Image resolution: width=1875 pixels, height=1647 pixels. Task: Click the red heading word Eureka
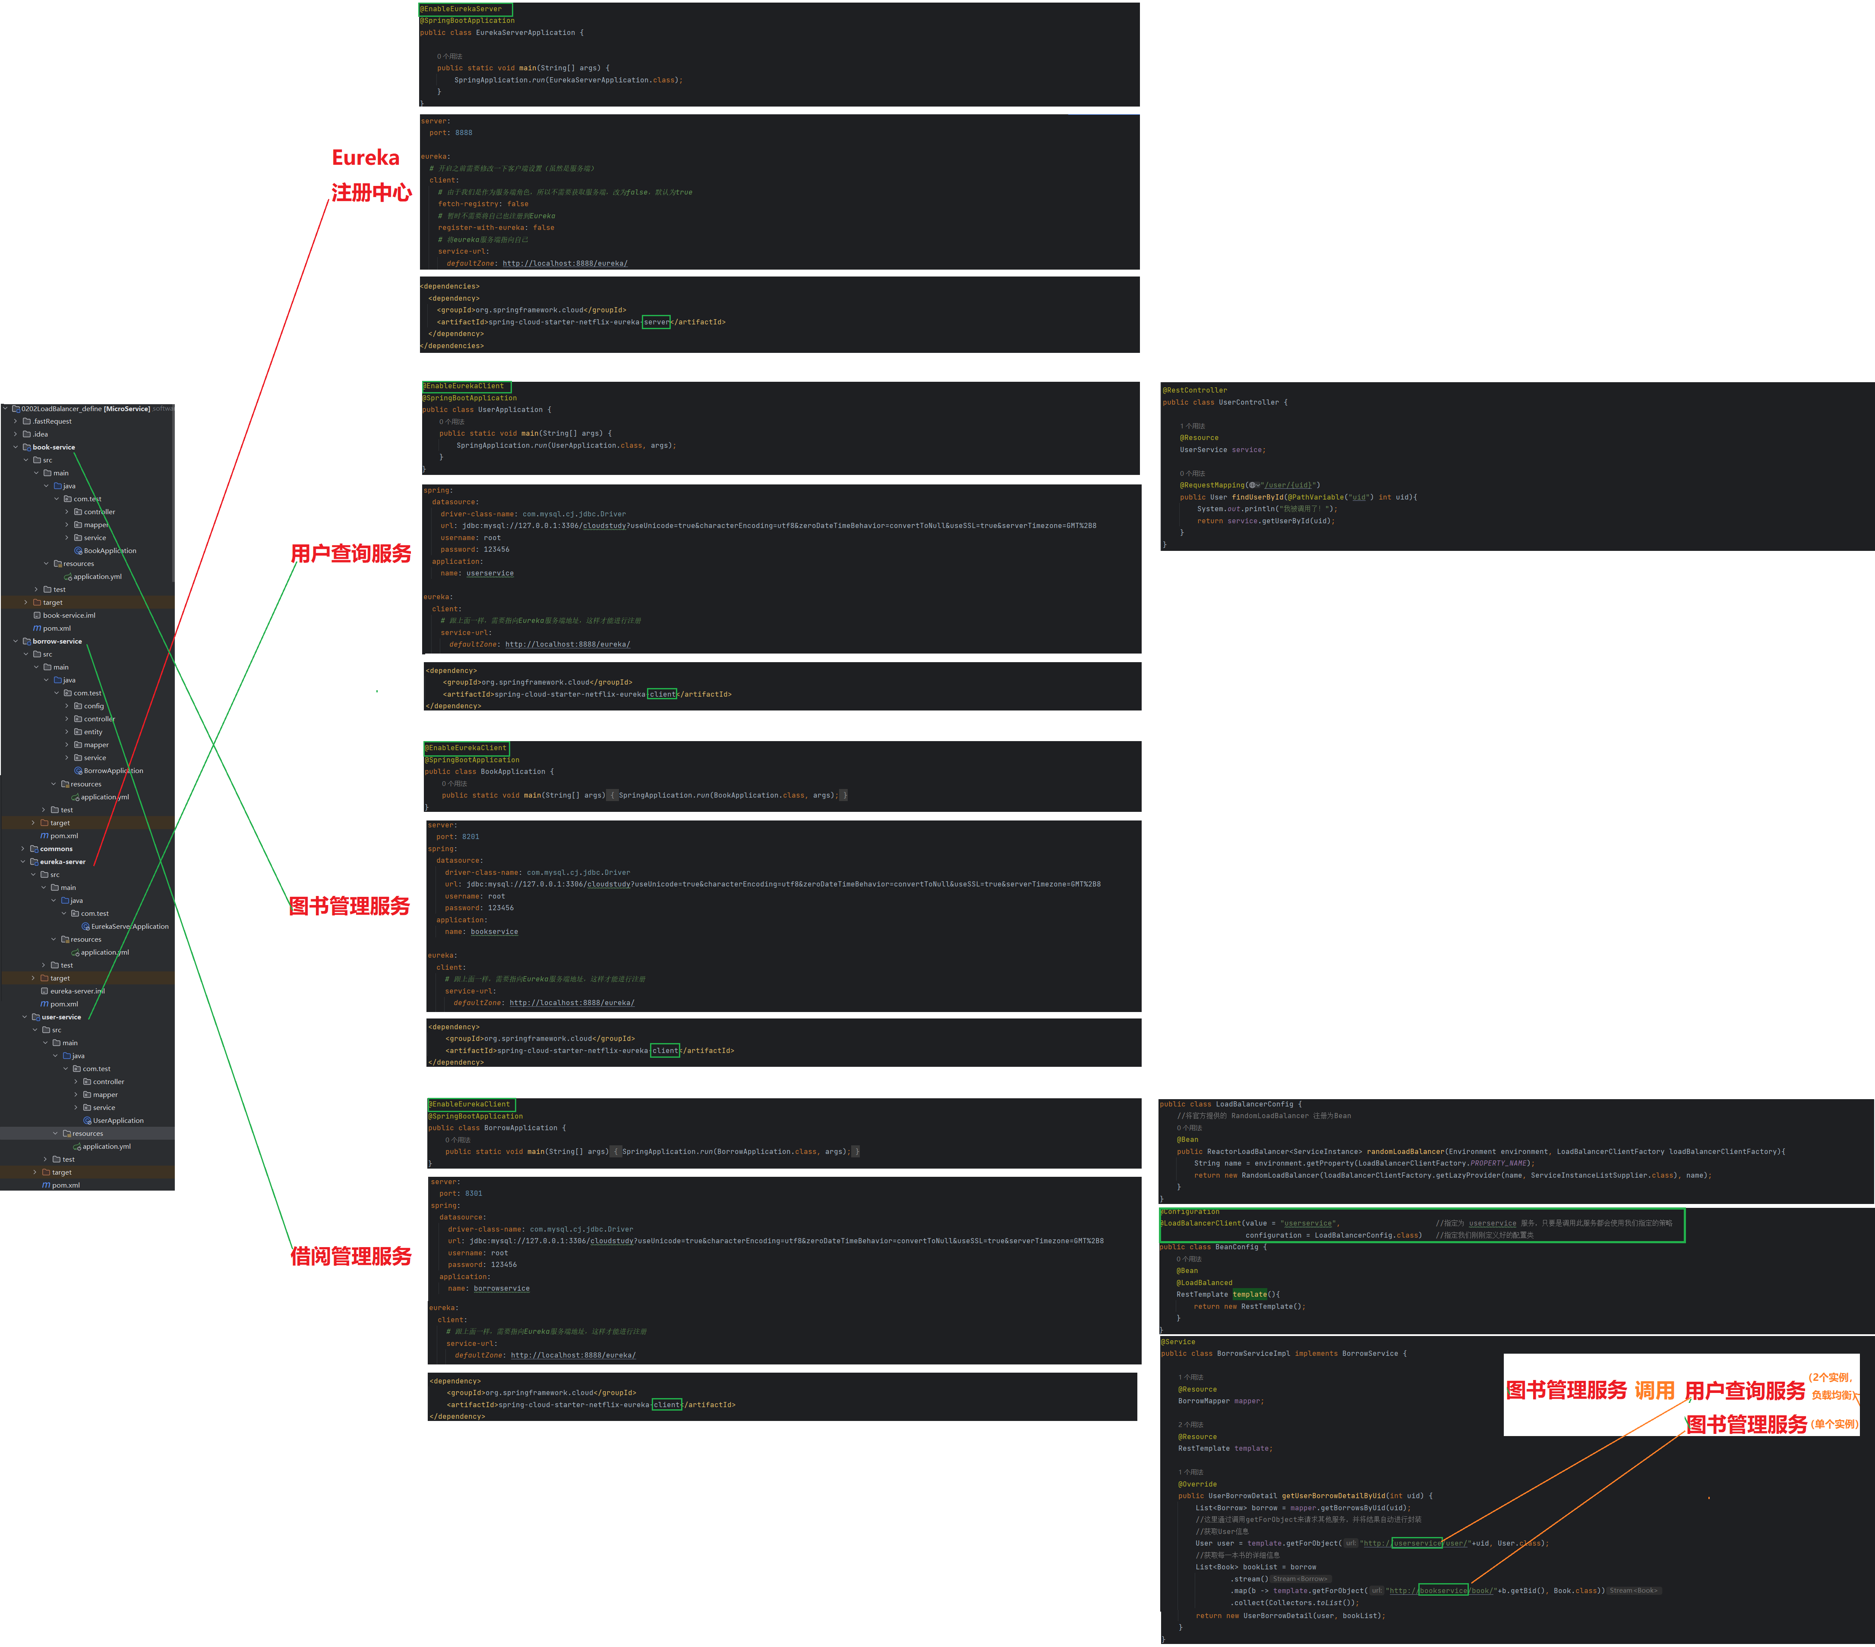point(365,158)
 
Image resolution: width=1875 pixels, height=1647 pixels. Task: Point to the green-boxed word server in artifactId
point(656,322)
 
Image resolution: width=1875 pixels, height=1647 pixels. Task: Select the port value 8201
point(470,836)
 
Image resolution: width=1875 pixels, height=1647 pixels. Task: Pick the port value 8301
point(473,1193)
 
